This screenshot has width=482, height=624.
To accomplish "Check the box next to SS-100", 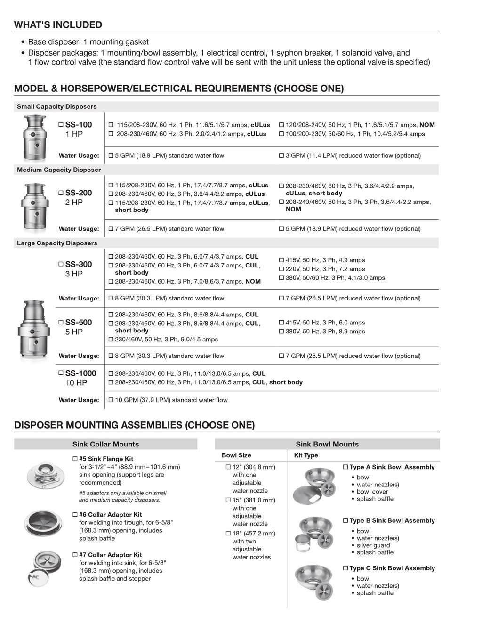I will [x=61, y=125].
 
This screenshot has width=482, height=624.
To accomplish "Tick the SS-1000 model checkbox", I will [x=61, y=373].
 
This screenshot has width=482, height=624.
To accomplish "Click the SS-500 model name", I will [x=79, y=323].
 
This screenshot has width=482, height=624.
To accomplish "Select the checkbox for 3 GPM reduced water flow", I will [x=281, y=155].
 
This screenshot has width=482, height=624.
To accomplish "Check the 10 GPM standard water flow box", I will [x=111, y=400].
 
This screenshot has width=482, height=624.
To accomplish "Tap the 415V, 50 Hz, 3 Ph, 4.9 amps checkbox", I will [x=281, y=260].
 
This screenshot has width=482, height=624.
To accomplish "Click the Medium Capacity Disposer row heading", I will [x=59, y=170].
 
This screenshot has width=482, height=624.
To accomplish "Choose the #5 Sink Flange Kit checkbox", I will [x=75, y=459].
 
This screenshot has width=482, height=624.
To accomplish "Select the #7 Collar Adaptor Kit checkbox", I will [x=75, y=555].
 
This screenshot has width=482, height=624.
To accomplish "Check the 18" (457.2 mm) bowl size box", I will [x=228, y=534].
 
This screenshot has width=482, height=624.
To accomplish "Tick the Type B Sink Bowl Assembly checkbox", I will [x=345, y=521].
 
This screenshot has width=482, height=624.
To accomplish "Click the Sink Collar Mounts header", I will [x=105, y=444].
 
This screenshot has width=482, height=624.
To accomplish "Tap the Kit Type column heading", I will [x=306, y=455].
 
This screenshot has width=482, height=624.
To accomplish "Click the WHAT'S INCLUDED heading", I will [x=58, y=24].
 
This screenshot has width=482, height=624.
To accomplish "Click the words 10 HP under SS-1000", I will [x=76, y=383].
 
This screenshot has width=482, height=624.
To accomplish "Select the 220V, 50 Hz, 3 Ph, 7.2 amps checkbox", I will [x=281, y=269].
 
